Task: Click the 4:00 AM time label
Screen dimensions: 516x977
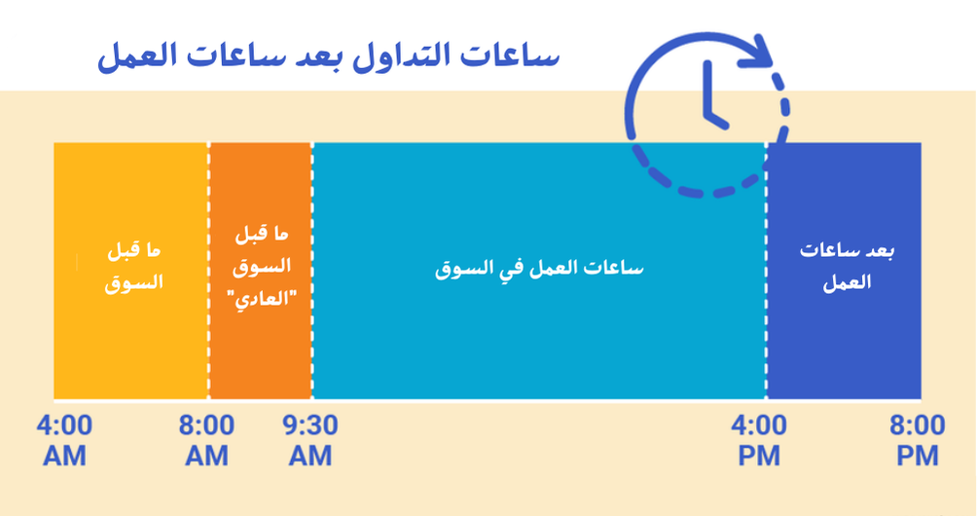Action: pyautogui.click(x=64, y=440)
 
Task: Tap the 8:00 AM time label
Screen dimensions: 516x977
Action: pyautogui.click(x=206, y=440)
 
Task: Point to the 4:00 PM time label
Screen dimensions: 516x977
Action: pyautogui.click(x=759, y=440)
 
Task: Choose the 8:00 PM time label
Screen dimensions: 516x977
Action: pyautogui.click(x=916, y=440)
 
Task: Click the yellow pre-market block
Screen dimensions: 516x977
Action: pyautogui.click(x=131, y=321)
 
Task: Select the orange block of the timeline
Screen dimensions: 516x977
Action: pyautogui.click(x=261, y=341)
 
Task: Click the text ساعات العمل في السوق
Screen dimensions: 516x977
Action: pyautogui.click(x=540, y=268)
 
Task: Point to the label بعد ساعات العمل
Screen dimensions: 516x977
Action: pyautogui.click(x=845, y=267)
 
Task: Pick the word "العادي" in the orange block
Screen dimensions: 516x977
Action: pyautogui.click(x=261, y=298)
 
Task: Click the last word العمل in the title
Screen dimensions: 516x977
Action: pyautogui.click(x=135, y=57)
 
